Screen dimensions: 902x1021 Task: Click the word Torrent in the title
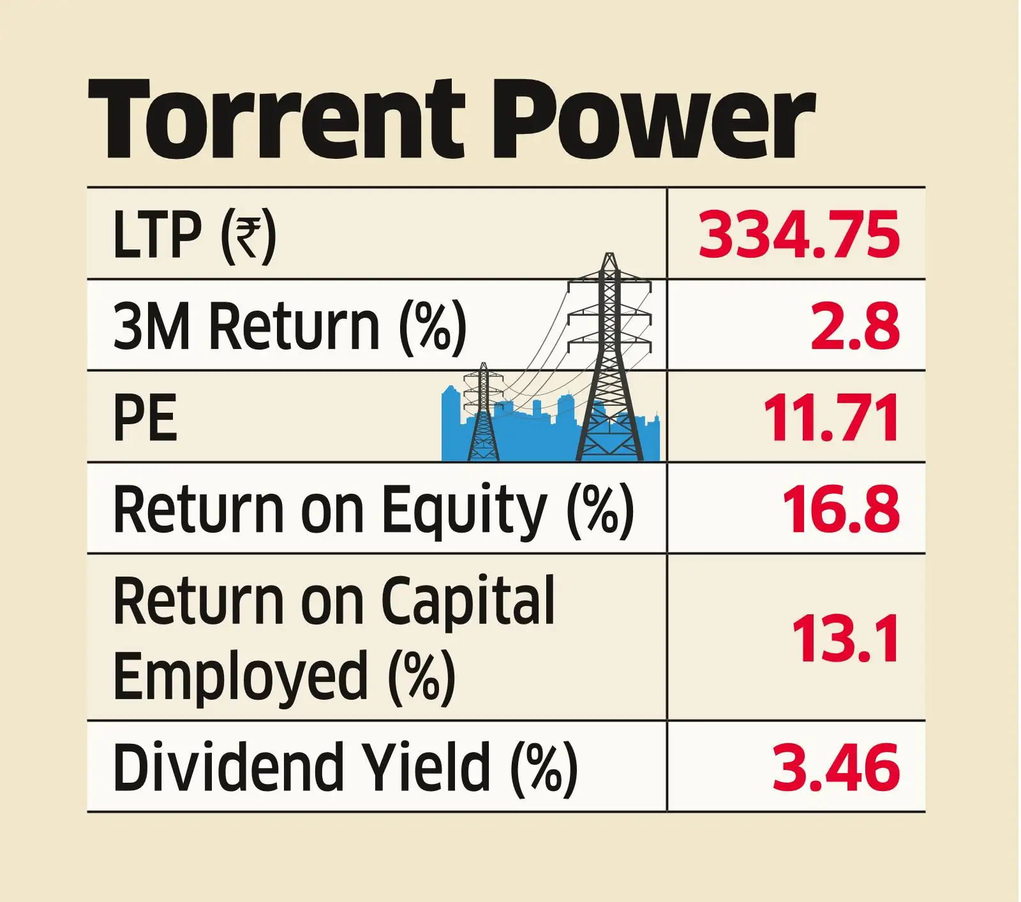[x=276, y=120]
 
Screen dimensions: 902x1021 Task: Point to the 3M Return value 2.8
[x=855, y=326]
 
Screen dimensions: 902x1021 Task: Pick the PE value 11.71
[x=831, y=418]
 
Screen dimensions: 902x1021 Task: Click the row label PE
[x=144, y=418]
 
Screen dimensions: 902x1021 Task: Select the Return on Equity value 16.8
[x=840, y=509]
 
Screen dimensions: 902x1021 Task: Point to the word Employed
[x=241, y=675]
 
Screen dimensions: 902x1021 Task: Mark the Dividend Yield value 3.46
[x=836, y=766]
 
